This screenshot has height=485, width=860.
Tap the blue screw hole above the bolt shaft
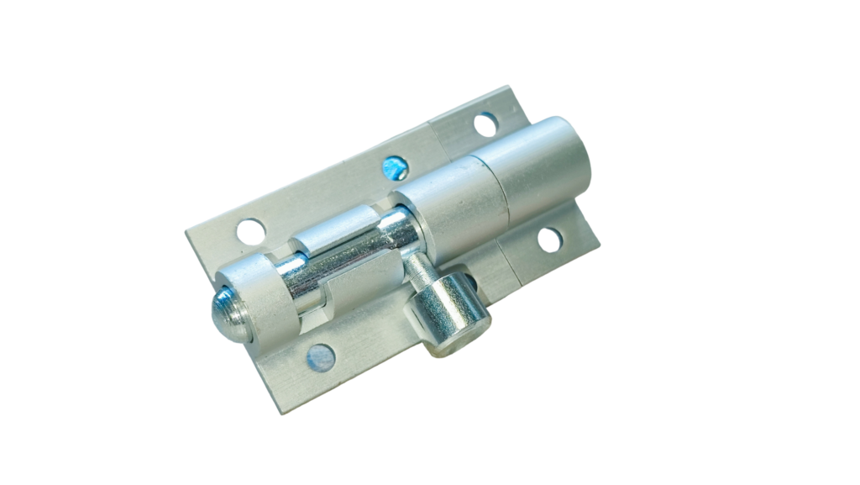coord(394,168)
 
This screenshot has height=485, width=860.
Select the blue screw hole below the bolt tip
coord(321,358)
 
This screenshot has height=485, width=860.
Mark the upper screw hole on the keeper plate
coord(485,124)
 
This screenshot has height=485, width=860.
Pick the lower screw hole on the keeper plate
coord(549,240)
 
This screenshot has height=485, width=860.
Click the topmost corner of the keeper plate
coord(509,87)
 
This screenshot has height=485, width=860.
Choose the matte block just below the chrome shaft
coord(361,290)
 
